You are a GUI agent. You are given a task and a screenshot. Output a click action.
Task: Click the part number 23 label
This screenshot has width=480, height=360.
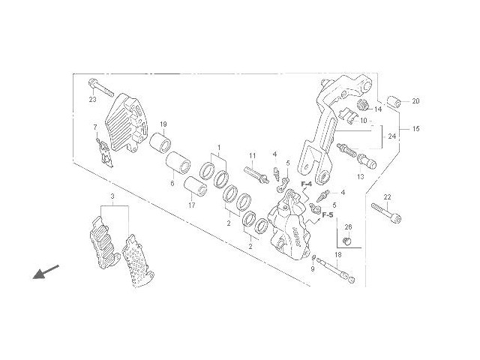tap(93, 100)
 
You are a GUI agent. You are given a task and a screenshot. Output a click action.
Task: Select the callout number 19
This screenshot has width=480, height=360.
tap(163, 124)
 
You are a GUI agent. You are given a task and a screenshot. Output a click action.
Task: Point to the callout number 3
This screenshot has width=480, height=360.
tap(112, 197)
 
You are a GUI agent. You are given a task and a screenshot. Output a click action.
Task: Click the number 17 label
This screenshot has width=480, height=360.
tap(191, 205)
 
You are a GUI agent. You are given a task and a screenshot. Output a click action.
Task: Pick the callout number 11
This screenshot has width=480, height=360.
tap(253, 156)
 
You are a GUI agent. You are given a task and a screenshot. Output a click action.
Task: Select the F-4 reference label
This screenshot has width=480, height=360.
tap(307, 184)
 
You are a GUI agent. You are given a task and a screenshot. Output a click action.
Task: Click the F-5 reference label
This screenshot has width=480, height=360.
tap(328, 214)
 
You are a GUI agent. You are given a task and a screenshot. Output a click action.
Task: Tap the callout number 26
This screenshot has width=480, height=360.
tap(348, 227)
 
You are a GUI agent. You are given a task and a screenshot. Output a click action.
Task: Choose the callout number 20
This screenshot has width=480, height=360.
tap(437, 101)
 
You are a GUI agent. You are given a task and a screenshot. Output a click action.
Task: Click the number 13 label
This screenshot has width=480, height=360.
tap(360, 177)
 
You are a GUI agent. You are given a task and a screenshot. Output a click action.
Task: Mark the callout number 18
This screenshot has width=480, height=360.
tap(338, 256)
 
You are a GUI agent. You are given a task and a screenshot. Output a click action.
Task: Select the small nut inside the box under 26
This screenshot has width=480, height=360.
tap(347, 240)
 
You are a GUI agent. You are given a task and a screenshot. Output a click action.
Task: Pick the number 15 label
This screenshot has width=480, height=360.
tap(416, 129)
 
